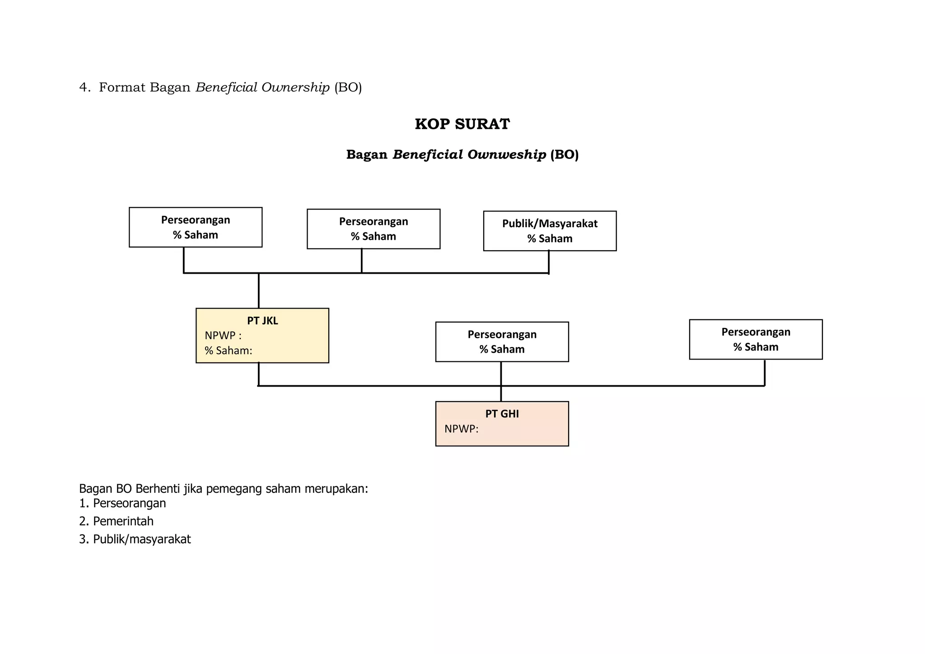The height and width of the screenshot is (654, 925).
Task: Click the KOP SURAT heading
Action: click(462, 124)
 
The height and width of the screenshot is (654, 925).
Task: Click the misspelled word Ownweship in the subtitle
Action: click(506, 155)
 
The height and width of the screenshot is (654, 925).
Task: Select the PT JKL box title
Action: click(262, 321)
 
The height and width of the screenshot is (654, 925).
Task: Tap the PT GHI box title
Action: click(502, 414)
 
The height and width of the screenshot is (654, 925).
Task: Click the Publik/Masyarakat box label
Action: click(550, 224)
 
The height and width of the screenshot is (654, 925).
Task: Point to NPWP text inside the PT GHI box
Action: click(461, 429)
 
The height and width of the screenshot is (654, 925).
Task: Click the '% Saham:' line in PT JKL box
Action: click(228, 350)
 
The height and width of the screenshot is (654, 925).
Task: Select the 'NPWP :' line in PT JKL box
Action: click(223, 336)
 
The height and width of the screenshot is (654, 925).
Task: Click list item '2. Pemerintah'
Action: click(116, 521)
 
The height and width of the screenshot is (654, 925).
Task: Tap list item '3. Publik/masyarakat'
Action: click(135, 539)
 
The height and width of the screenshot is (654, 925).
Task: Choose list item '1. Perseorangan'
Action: click(122, 503)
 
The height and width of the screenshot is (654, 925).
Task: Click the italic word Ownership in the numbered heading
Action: click(295, 88)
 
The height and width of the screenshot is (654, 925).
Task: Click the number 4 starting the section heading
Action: click(83, 88)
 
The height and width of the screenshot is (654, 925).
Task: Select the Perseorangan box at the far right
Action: click(756, 339)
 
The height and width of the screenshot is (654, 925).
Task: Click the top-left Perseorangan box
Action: click(196, 227)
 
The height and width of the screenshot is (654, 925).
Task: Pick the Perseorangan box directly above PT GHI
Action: click(502, 342)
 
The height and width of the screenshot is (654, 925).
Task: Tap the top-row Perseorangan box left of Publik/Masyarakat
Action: click(374, 229)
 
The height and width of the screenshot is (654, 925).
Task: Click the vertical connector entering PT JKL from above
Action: click(259, 290)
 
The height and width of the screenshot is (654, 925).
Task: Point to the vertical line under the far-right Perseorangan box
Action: click(764, 373)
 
